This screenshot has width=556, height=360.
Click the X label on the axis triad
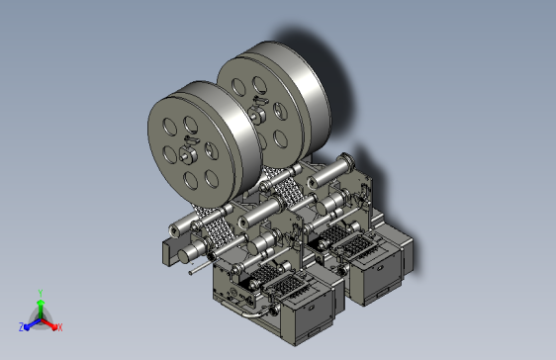click(59, 327)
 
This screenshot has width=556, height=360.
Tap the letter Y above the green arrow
click(41, 293)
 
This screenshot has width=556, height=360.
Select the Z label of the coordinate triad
click(22, 327)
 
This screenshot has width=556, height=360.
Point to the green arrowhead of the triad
click(41, 303)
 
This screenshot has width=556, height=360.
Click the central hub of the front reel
click(188, 155)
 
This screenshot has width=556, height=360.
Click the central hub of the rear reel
click(256, 115)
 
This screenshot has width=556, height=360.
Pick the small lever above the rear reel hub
click(261, 101)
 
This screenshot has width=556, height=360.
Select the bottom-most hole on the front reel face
click(190, 180)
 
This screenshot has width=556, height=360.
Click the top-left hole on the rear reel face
click(238, 87)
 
